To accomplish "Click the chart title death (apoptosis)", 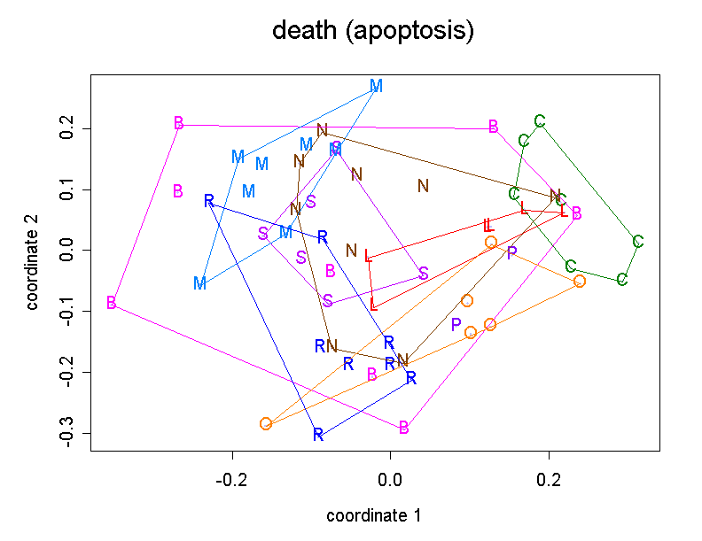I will (373, 31).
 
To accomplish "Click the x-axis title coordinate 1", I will (373, 515).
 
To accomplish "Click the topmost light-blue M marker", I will (376, 86).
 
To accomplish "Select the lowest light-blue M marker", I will (200, 283).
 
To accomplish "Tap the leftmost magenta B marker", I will (112, 303).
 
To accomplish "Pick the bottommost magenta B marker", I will (404, 428).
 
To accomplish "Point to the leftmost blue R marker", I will (208, 200).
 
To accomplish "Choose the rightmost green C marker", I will (638, 241).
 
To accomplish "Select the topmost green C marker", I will (540, 121).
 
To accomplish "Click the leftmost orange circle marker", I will (265, 423).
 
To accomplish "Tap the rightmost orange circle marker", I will (580, 281).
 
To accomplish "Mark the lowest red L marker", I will (374, 305).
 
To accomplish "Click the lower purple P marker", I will (456, 324).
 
